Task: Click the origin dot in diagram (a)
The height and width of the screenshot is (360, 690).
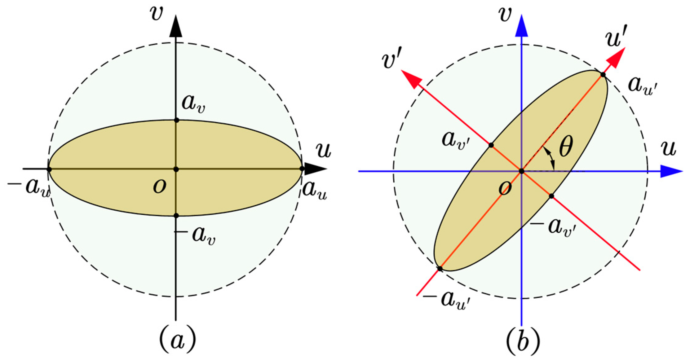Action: pyautogui.click(x=176, y=169)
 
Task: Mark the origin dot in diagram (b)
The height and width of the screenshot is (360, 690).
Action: pyautogui.click(x=522, y=171)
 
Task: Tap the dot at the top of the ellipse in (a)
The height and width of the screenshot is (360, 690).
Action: pyautogui.click(x=176, y=120)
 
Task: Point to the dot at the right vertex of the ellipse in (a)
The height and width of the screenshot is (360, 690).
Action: pyautogui.click(x=302, y=169)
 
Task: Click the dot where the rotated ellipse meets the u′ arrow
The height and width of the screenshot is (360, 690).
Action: pyautogui.click(x=603, y=74)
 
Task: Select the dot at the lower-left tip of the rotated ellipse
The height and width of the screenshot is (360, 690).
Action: pyautogui.click(x=440, y=269)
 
